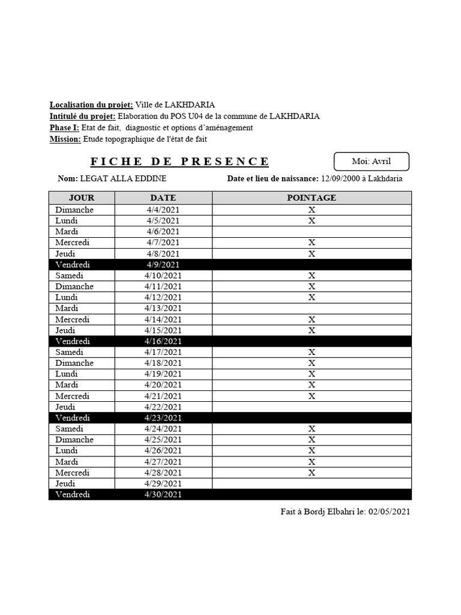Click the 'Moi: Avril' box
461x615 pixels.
(372, 162)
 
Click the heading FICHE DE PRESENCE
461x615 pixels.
(180, 162)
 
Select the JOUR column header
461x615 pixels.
(82, 198)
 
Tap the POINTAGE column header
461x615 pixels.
(312, 198)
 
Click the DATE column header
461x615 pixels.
(163, 198)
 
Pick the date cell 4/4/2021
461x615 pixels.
(163, 210)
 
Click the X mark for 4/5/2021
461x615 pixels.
(312, 220)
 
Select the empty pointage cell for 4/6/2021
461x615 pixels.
(312, 231)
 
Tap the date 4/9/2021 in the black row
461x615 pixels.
(163, 264)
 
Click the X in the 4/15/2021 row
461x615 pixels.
(312, 330)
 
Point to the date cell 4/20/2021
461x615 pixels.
(163, 385)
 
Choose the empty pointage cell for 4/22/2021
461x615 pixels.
(312, 407)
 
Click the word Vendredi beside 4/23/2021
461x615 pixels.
(73, 417)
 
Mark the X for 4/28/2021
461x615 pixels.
(312, 473)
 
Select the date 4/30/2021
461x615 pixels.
(163, 495)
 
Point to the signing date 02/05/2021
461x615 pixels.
(390, 512)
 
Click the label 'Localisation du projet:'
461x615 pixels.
(91, 105)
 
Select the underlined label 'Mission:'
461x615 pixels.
(65, 139)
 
